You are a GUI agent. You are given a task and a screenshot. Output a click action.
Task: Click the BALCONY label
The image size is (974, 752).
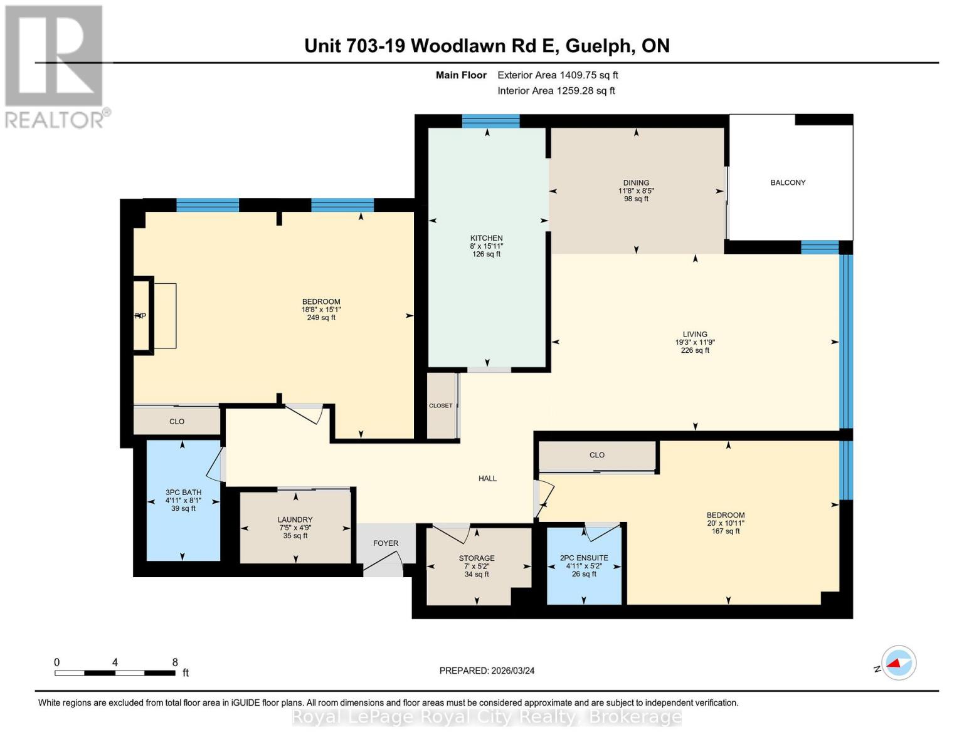[788, 182]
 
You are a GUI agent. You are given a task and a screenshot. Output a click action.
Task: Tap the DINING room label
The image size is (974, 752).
[636, 183]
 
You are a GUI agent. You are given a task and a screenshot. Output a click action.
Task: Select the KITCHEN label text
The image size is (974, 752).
[487, 238]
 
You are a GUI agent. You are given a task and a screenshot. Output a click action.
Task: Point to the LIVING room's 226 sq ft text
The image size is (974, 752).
[695, 350]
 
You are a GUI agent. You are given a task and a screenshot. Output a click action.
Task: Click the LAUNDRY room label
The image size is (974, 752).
[295, 520]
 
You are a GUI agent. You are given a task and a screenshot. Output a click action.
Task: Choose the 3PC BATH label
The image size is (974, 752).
[183, 492]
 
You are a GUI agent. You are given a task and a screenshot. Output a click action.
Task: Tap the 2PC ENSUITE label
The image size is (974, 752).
[584, 558]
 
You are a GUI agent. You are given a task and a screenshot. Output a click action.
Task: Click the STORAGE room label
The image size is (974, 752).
[477, 558]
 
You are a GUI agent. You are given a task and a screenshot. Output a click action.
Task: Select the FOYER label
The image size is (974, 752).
[386, 543]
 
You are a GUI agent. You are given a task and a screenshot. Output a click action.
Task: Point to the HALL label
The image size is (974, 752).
[487, 478]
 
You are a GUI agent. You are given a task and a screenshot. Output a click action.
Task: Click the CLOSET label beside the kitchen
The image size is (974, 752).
[441, 405]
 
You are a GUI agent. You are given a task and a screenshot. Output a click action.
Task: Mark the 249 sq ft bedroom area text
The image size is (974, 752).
[321, 318]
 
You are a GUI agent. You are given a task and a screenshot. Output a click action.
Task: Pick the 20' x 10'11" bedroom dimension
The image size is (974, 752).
[726, 523]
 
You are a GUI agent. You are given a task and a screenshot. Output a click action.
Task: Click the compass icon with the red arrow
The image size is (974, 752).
[898, 663]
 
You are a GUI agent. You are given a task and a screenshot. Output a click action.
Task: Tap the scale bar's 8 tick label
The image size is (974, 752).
[175, 662]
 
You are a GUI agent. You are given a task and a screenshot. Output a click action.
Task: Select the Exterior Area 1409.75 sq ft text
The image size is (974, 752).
[558, 75]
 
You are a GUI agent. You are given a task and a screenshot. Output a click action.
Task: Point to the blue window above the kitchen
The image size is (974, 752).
[490, 121]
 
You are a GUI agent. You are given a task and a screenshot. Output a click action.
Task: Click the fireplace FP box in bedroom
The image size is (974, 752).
[142, 316]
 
